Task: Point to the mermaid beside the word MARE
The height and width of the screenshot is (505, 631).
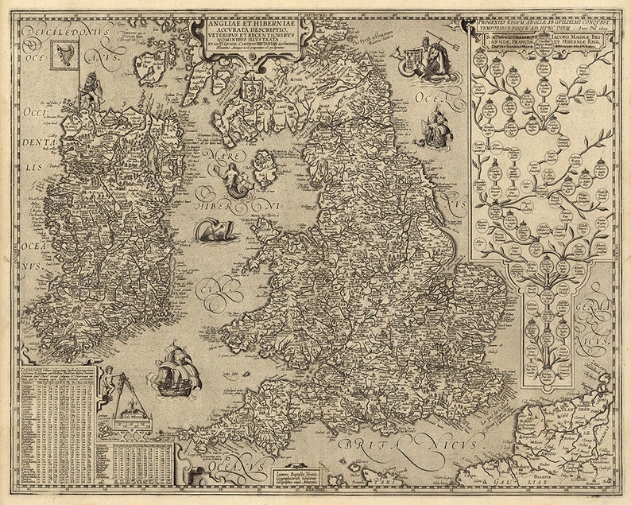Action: (x=235, y=181)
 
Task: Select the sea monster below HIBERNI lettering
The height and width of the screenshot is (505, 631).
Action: (x=214, y=230)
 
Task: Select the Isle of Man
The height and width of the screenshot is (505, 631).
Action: (x=264, y=169)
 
